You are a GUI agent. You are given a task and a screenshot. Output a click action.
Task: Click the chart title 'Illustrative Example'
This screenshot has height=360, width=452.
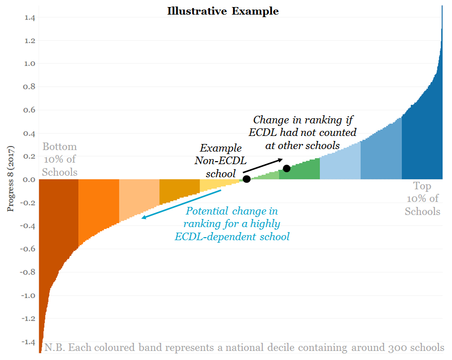(223, 11)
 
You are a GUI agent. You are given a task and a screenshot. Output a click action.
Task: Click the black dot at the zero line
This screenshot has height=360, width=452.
(247, 179)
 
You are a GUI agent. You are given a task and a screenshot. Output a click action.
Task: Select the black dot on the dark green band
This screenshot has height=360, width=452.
(286, 168)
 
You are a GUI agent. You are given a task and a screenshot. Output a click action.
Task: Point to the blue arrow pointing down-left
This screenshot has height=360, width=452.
(181, 204)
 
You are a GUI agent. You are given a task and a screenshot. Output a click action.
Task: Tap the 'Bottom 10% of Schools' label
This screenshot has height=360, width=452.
(59, 160)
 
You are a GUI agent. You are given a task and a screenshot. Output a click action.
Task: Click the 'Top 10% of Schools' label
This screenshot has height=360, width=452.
(422, 198)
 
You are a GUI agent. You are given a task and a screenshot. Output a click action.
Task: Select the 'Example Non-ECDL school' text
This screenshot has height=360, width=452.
(220, 161)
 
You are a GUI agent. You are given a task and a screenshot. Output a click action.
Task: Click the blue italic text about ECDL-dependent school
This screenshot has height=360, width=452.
(232, 224)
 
